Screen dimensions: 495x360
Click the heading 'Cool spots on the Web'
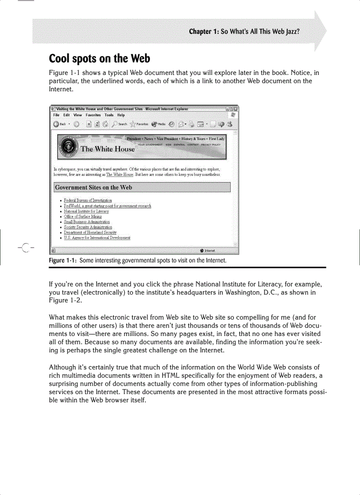click(x=99, y=58)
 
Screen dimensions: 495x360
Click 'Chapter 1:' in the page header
click(x=204, y=32)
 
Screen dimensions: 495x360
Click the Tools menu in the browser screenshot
click(x=109, y=115)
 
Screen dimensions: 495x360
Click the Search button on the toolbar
click(x=119, y=124)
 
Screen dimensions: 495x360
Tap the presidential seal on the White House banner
click(x=69, y=147)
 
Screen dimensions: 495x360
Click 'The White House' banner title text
click(x=108, y=149)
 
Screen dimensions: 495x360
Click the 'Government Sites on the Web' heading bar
click(x=142, y=187)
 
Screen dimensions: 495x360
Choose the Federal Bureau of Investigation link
click(x=88, y=201)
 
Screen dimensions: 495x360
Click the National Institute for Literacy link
click(x=86, y=211)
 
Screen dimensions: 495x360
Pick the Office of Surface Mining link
click(x=82, y=216)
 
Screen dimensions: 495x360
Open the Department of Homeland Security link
click(x=90, y=232)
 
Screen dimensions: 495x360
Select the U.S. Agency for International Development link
click(x=97, y=238)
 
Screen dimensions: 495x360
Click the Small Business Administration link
click(x=87, y=222)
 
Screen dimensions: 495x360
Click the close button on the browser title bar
click(x=236, y=108)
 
